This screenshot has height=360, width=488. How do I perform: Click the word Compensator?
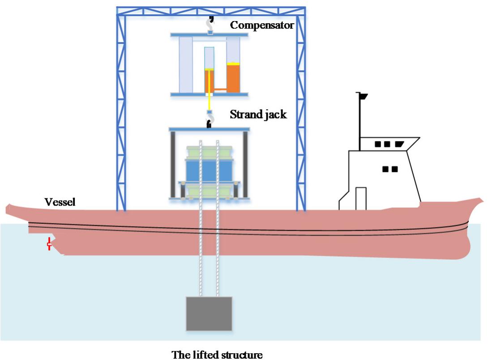[262, 25]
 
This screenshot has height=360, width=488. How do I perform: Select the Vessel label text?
[60, 202]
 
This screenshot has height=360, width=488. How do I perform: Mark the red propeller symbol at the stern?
[49, 245]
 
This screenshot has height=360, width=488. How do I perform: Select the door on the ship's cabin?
[361, 198]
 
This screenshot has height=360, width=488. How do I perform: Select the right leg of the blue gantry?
[300, 112]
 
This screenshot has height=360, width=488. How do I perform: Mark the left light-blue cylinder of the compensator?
[186, 64]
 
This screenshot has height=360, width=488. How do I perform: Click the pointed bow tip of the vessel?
[481, 200]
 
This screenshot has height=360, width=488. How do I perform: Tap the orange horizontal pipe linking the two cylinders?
[220, 90]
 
